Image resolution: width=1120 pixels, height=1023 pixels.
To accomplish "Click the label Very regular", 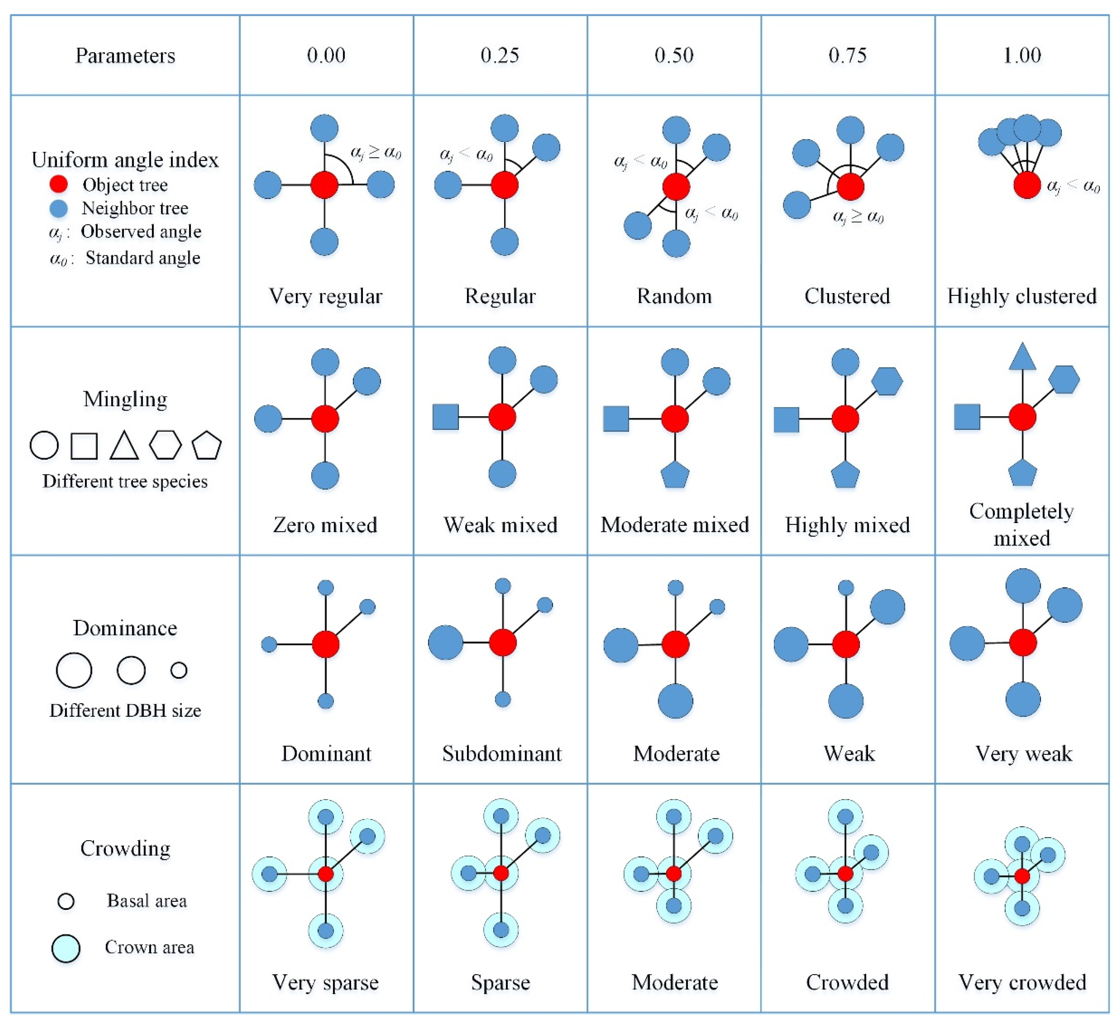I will [326, 296].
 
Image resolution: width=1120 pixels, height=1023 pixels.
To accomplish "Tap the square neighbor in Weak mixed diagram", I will [446, 417].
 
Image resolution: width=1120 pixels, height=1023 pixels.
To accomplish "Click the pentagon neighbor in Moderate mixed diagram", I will [675, 476].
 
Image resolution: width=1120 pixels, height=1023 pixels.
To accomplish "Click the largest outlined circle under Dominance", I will [74, 670].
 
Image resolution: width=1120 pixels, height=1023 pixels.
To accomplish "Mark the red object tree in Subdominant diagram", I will [503, 643].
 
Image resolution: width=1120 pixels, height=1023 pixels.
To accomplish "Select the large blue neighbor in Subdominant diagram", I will [446, 643].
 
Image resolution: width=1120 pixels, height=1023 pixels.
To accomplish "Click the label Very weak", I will [1023, 754].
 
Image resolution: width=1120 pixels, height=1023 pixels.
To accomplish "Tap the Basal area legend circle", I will [66, 901].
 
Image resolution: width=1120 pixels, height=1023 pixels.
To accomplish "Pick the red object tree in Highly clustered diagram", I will [1027, 185].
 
